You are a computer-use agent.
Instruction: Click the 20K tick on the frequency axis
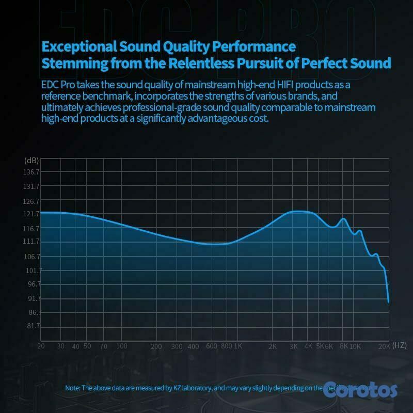coord(384,346)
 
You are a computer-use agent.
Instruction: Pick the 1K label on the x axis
coord(238,346)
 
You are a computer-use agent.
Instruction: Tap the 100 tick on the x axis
coord(121,346)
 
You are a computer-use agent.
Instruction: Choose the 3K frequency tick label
coord(294,346)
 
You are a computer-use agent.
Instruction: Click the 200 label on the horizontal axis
coord(156,346)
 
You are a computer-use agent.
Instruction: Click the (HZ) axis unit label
coord(400,344)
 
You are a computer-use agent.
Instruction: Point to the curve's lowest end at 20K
coord(388,302)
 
